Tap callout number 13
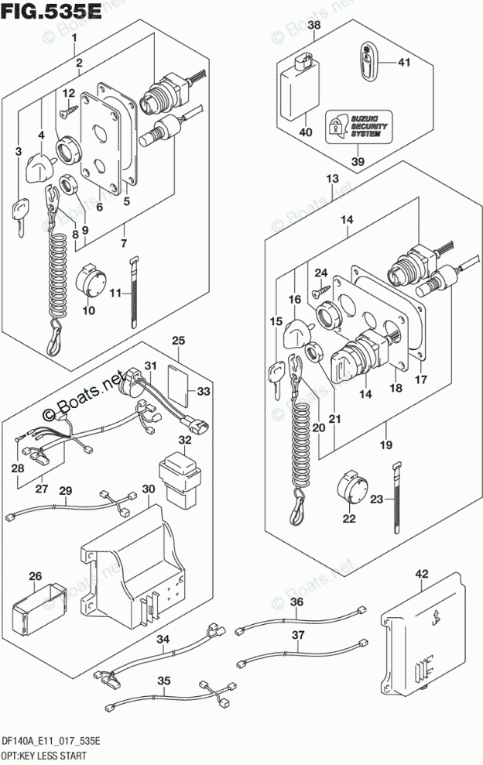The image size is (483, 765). [333, 180]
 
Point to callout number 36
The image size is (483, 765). [297, 603]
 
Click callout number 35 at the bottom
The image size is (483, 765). [163, 681]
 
